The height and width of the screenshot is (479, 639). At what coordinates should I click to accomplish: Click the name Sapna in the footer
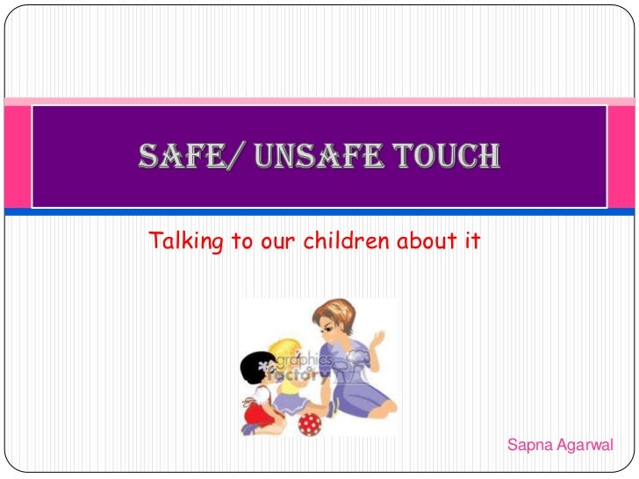529,447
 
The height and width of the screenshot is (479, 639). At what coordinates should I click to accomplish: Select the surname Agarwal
585,447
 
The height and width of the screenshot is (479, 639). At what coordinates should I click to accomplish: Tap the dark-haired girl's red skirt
257,410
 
